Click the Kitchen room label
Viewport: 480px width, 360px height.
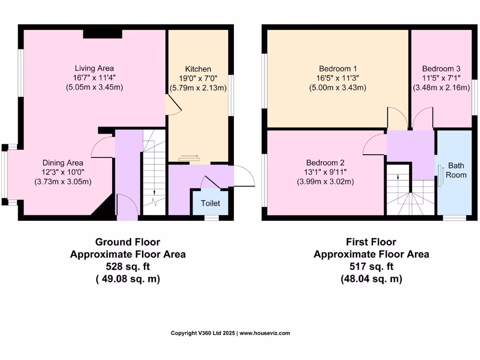click(198, 69)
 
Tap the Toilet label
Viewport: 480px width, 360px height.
click(210, 203)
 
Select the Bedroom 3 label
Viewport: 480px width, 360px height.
click(441, 68)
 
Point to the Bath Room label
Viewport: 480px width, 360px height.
click(456, 170)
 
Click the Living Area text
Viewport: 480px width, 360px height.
click(94, 68)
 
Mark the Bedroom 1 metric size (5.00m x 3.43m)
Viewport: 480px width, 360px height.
click(337, 88)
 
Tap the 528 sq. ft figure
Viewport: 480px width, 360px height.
click(127, 267)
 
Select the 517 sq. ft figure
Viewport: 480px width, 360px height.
click(371, 267)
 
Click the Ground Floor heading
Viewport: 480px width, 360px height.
click(127, 242)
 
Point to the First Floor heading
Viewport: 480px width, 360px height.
click(371, 242)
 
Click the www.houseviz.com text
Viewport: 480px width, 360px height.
click(265, 333)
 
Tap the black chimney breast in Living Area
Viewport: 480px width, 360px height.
click(103, 34)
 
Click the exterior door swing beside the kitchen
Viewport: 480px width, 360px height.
click(244, 175)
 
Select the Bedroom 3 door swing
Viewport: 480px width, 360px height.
click(423, 118)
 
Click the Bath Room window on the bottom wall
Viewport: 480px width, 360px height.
click(454, 217)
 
